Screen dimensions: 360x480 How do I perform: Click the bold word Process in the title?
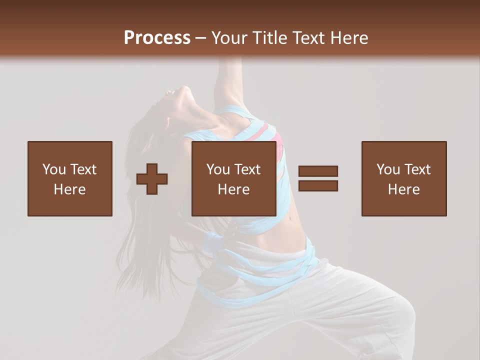[157, 37]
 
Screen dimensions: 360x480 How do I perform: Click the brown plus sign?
[152, 178]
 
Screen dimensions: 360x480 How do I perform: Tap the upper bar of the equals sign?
[318, 171]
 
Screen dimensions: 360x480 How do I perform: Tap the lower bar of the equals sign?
[318, 185]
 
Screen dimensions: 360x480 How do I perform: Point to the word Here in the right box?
[403, 189]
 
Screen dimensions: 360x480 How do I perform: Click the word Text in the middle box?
[247, 169]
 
